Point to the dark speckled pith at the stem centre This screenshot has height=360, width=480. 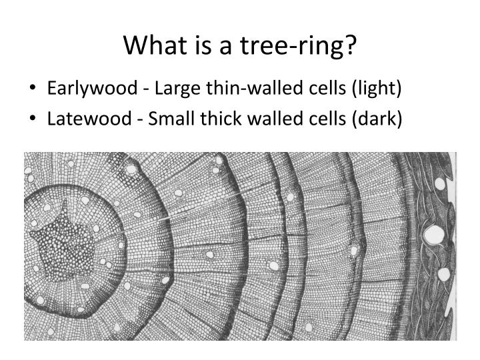pyautogui.click(x=64, y=251)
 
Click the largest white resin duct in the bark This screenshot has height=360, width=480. pyautogui.click(x=435, y=235)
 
